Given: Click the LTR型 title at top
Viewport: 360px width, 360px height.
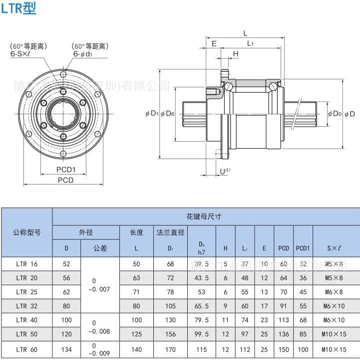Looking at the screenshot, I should click(x=18, y=8).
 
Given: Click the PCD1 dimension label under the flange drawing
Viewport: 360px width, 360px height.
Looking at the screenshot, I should click(x=65, y=170).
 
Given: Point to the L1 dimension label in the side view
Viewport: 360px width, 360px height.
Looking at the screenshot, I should click(x=250, y=44).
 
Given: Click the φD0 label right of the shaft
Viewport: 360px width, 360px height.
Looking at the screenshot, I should click(x=335, y=114).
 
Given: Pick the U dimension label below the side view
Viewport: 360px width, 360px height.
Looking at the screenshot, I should click(x=224, y=171).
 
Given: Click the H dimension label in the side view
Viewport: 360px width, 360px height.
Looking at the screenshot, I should click(x=236, y=54).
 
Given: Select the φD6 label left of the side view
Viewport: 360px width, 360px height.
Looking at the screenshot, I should click(x=167, y=114).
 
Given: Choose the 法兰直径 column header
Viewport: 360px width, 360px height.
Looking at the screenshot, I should click(x=171, y=232).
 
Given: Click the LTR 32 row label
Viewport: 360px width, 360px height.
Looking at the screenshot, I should click(x=26, y=306).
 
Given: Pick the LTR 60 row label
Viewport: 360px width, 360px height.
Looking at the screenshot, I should click(x=26, y=350).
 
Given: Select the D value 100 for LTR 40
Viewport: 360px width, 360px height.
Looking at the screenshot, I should click(x=66, y=321).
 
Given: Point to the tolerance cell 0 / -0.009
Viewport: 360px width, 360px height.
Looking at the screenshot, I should click(x=100, y=350).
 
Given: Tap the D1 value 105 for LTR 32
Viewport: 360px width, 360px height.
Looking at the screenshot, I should click(x=171, y=306).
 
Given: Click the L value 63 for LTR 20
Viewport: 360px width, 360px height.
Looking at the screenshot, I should click(x=136, y=278).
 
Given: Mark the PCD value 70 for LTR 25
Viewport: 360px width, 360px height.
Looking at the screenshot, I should click(x=284, y=292).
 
